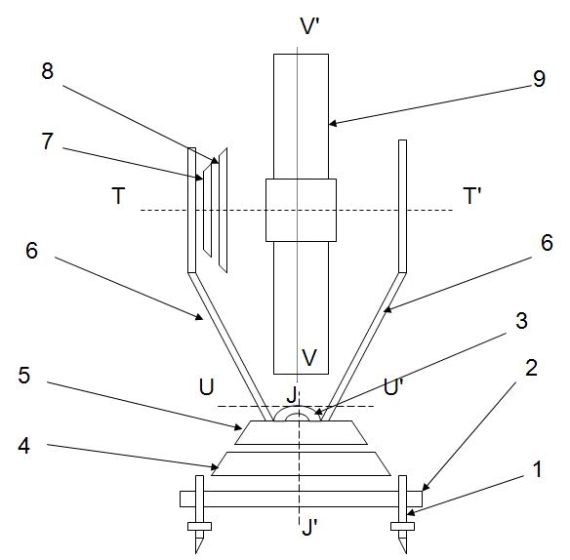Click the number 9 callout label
point(540,78)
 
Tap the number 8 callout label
point(47,71)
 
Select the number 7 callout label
point(47,141)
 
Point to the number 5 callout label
point(24,375)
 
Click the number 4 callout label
point(24,445)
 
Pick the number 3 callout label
point(521,321)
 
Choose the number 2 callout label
point(532,368)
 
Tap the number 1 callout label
point(537,469)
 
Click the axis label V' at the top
point(309,25)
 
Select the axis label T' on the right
point(472,195)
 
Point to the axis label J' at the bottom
point(309,527)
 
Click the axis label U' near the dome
point(393,386)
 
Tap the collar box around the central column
point(301,210)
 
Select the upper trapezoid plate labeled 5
point(301,432)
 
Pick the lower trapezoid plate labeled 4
point(301,463)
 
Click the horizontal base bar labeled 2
point(301,499)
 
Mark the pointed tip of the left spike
point(196,553)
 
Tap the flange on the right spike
point(402,526)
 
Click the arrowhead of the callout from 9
point(333,124)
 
